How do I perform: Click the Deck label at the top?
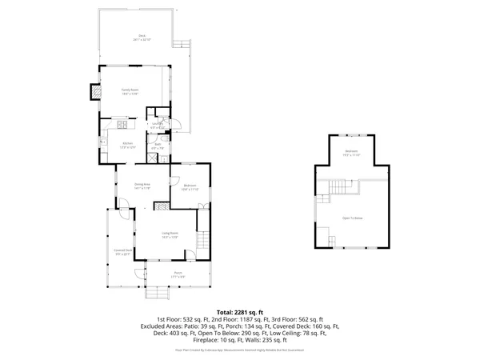point(142,37)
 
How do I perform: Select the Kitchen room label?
point(127,146)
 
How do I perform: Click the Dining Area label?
point(142,186)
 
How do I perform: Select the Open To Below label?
point(353,217)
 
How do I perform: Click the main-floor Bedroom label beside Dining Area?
point(189,188)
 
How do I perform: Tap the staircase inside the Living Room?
point(202,239)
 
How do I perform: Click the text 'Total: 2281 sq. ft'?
point(239,311)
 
